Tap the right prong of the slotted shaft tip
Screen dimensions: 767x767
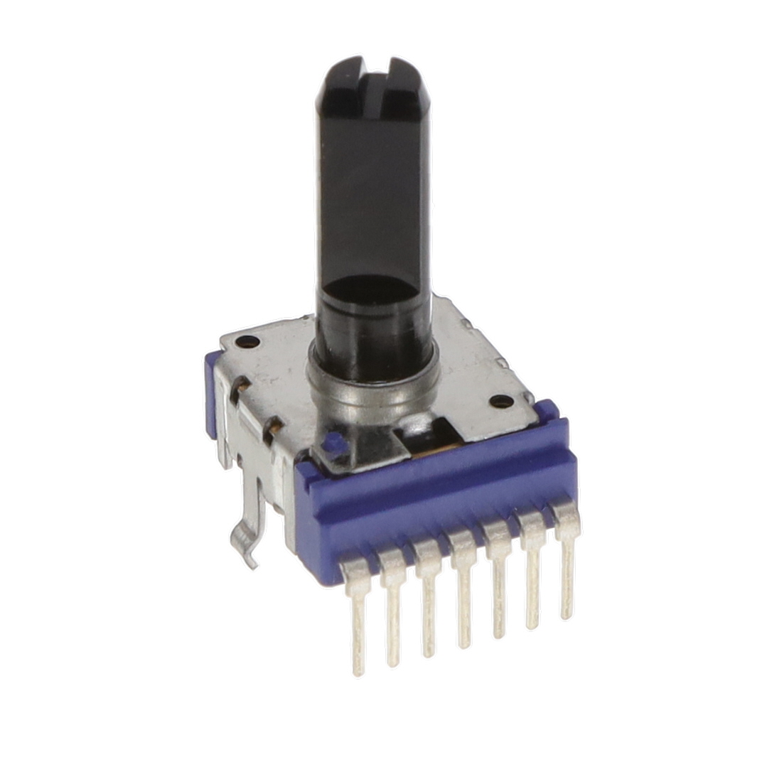(x=405, y=89)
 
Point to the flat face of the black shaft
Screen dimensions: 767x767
(x=373, y=192)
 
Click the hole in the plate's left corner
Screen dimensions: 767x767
(x=247, y=341)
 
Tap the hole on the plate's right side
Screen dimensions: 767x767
(x=501, y=401)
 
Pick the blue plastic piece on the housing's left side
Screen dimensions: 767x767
(x=211, y=395)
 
